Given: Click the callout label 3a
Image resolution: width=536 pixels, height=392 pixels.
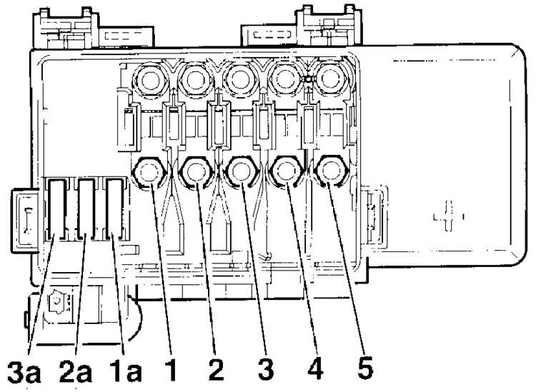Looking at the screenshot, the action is click(x=24, y=371).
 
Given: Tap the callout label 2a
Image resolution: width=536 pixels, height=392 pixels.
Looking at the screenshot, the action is click(x=76, y=371).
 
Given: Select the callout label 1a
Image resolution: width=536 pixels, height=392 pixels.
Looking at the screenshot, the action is click(x=126, y=371).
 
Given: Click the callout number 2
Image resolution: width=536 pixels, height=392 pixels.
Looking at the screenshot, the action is click(x=216, y=370).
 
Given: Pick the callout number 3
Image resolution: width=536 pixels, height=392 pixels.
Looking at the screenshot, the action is click(x=266, y=370).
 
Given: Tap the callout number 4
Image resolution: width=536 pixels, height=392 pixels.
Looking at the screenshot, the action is click(x=315, y=370).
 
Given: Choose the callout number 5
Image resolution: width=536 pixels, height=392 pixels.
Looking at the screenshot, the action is click(x=365, y=369).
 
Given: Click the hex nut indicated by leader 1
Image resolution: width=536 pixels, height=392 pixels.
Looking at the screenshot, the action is click(x=149, y=171).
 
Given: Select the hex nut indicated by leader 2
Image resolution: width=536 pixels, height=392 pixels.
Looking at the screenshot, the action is click(x=197, y=171).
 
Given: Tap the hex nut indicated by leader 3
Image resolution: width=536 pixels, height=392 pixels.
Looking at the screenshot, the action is click(x=241, y=171).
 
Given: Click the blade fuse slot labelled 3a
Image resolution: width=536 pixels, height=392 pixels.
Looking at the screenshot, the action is click(x=56, y=208).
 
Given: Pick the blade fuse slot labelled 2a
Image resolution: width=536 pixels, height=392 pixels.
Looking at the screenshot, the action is click(x=86, y=208).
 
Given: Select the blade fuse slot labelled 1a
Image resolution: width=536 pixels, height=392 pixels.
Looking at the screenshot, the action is click(x=114, y=208).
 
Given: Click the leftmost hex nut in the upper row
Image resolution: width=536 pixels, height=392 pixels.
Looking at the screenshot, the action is click(x=150, y=80).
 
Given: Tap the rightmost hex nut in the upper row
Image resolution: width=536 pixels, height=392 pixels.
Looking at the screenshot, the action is click(x=329, y=79).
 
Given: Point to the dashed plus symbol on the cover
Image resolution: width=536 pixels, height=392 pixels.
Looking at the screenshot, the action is click(x=449, y=216).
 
